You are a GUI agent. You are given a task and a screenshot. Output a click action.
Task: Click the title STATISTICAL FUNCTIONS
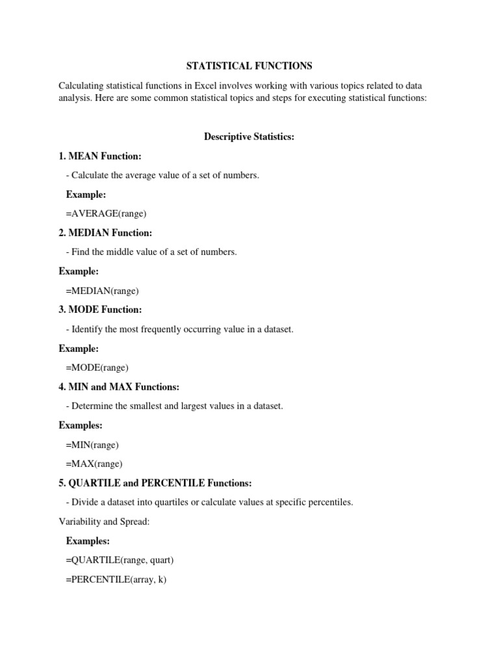[x=249, y=66]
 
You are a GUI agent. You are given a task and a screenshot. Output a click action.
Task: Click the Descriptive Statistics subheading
[x=249, y=137]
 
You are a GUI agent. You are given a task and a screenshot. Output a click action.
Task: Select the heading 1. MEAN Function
[x=100, y=156]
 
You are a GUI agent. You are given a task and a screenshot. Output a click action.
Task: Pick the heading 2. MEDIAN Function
[x=105, y=233]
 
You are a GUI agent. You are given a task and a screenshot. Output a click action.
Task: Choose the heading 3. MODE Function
[x=100, y=310]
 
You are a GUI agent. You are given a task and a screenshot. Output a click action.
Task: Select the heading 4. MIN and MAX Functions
[x=119, y=387]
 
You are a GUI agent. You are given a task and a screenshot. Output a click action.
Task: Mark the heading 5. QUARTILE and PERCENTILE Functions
[x=155, y=483]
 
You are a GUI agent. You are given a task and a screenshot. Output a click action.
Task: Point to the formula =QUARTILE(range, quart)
[x=120, y=560]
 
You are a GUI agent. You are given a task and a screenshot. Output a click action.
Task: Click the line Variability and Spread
[x=104, y=522]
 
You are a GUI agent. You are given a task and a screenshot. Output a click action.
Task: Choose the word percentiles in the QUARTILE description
[x=330, y=503]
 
